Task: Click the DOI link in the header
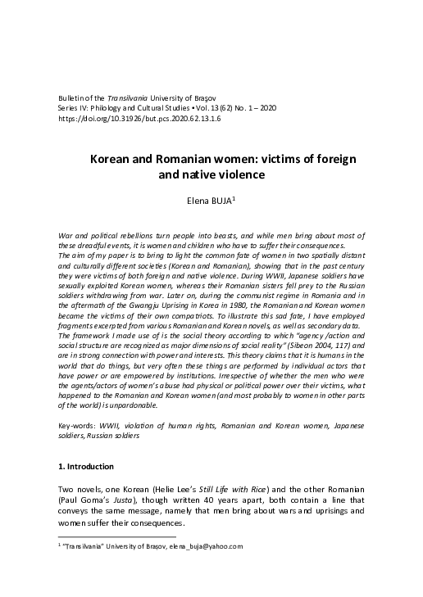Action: pyautogui.click(x=139, y=118)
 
